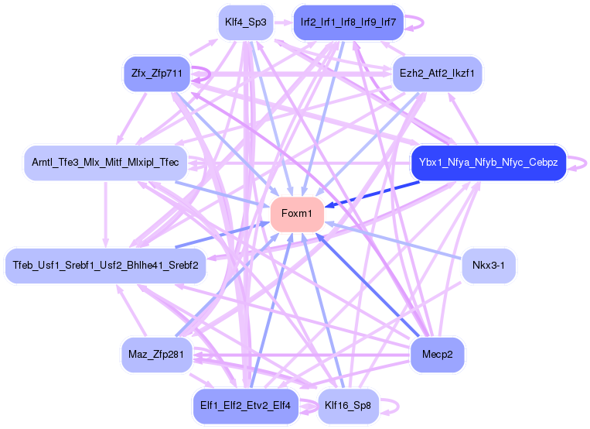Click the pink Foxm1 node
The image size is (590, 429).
[296, 214]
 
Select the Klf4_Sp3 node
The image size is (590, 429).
[245, 22]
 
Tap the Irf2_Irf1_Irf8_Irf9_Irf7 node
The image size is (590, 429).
[348, 22]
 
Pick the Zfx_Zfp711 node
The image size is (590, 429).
[156, 74]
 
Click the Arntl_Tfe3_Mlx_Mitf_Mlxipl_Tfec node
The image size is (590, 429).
[105, 163]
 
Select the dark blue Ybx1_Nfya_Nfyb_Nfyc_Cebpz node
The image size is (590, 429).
[488, 163]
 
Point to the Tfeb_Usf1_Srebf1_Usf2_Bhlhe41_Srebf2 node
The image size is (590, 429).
[105, 266]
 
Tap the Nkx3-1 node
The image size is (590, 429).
[488, 266]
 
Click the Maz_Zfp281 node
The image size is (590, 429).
[156, 355]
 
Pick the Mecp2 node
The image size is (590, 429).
[438, 355]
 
